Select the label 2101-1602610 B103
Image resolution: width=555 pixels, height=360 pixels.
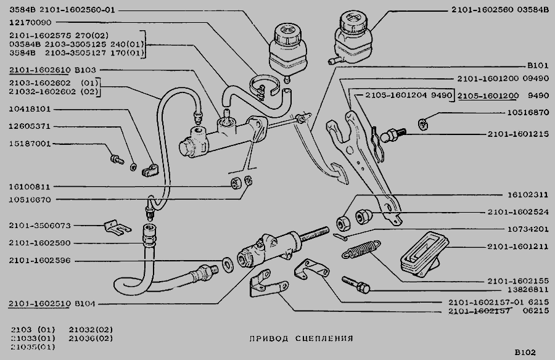tap(47, 70)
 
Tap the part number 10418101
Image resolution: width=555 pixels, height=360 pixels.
tap(30, 109)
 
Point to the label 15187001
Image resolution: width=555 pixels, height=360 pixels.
tap(30, 144)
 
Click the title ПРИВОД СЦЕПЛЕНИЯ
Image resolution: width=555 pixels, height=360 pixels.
tap(301, 338)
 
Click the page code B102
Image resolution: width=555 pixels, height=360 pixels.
tap(526, 353)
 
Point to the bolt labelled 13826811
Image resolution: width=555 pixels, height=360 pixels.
tap(357, 284)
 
